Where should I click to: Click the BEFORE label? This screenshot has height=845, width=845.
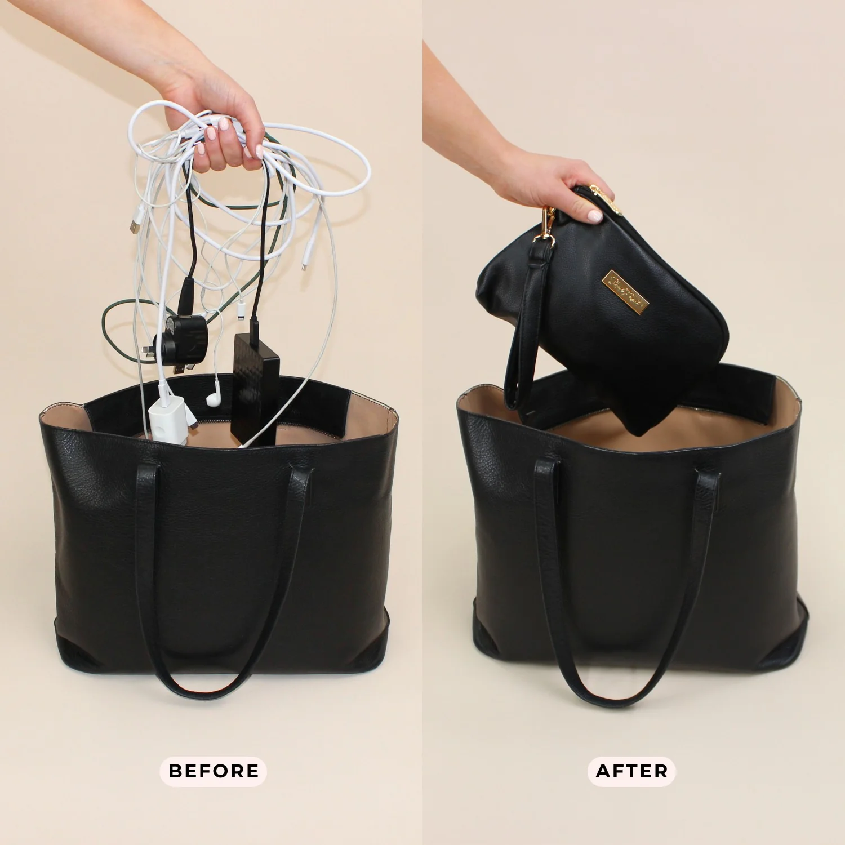click(x=214, y=771)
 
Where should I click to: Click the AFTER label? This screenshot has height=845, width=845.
click(x=631, y=771)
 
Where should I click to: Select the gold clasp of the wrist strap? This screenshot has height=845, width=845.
click(x=548, y=223)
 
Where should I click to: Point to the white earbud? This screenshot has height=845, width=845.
click(x=212, y=398)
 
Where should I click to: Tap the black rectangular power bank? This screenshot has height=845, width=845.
click(x=254, y=389)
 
